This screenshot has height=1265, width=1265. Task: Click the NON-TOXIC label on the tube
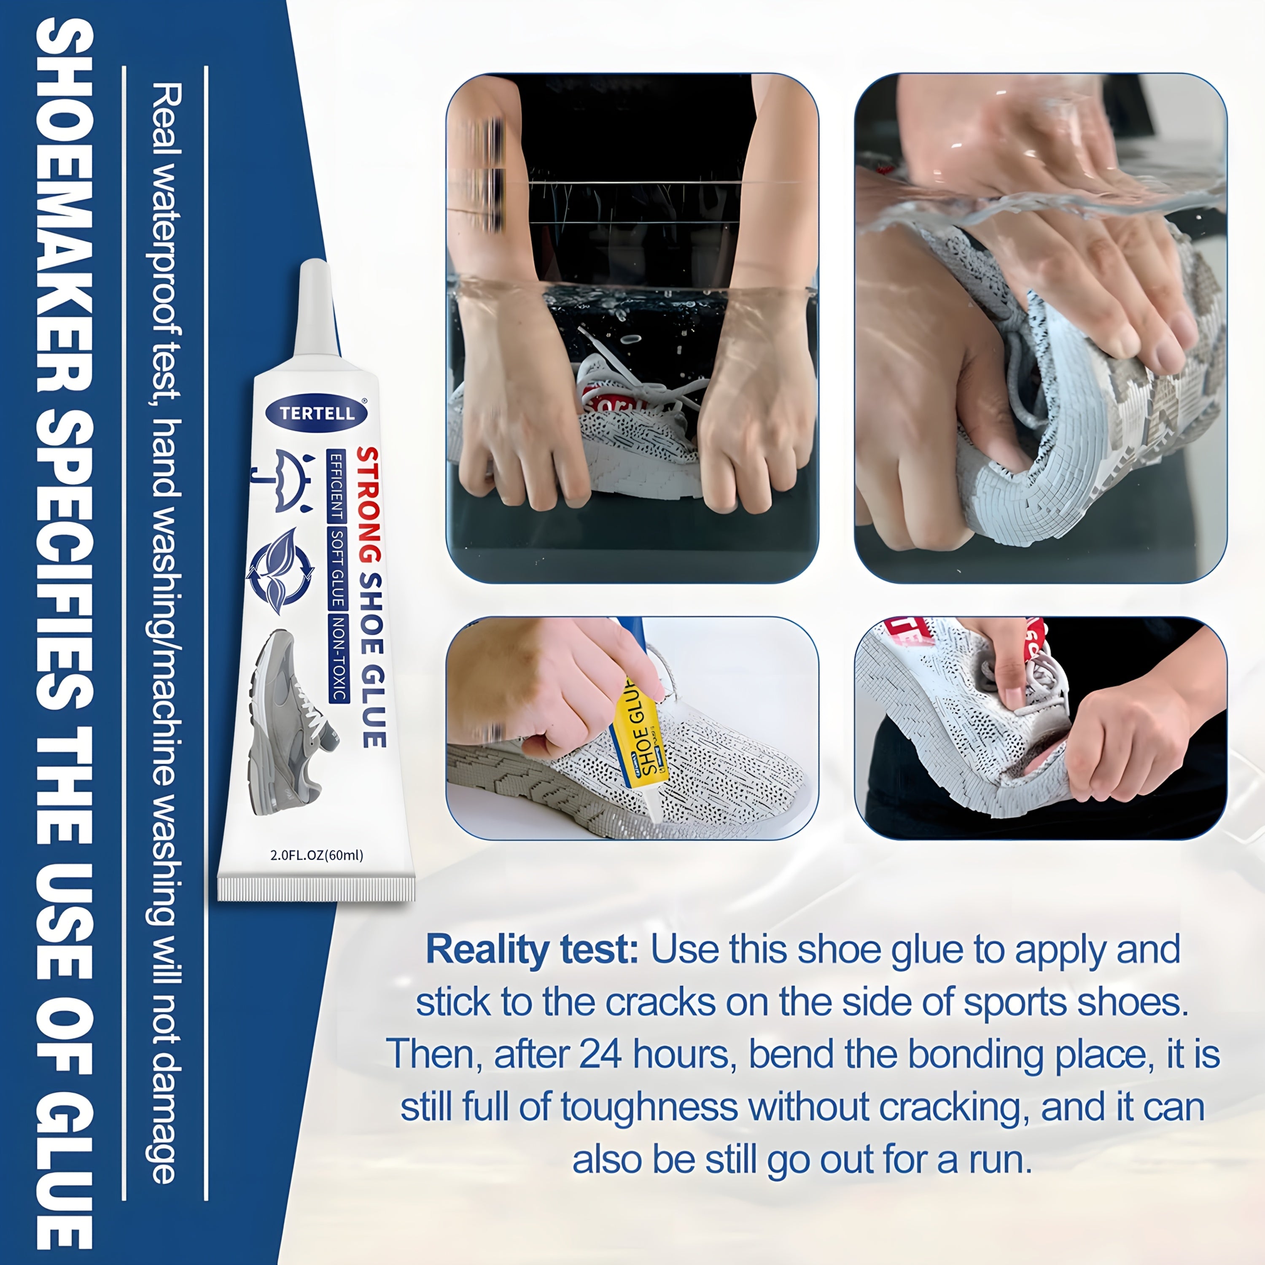coord(338,659)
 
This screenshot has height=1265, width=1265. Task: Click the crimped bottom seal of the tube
coord(316,888)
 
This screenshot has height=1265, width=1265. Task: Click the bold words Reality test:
coord(532,950)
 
